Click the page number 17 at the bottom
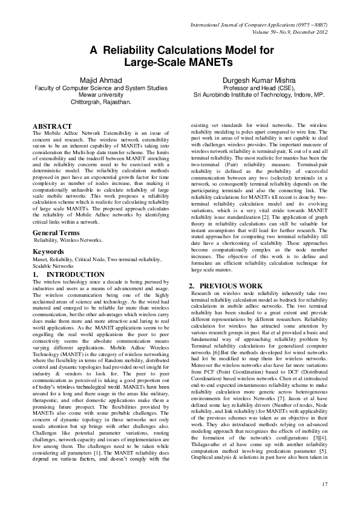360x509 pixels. pos(324,484)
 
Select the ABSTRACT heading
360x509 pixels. pos(52,126)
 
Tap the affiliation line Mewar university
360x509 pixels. pos(100,94)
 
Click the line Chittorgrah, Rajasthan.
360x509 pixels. pos(100,102)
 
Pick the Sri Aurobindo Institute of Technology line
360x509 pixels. pos(259,95)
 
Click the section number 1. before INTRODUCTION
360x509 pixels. pos(36,274)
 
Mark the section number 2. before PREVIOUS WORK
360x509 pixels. pos(192,285)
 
